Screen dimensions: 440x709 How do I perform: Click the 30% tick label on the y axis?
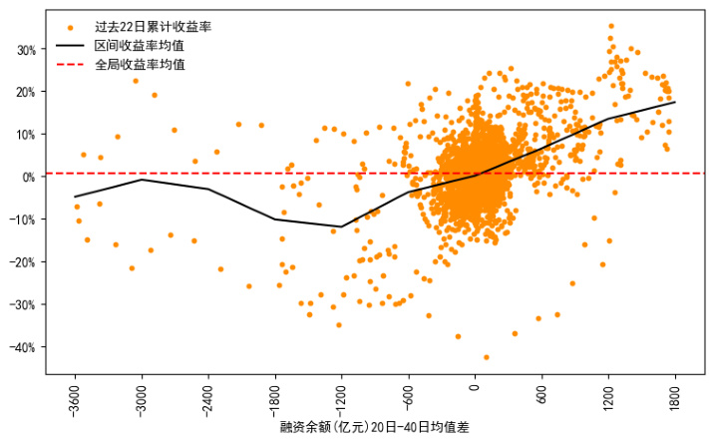(x=24, y=49)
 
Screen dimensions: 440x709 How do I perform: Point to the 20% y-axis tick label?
(x=24, y=92)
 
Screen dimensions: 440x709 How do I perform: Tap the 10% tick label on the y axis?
(x=24, y=135)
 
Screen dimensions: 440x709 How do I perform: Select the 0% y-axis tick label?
(x=27, y=177)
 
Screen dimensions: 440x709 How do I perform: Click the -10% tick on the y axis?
(x=22, y=220)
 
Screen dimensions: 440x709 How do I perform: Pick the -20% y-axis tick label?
(x=22, y=262)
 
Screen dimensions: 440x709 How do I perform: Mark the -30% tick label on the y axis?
(x=22, y=304)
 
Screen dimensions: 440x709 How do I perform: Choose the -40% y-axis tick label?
(x=22, y=347)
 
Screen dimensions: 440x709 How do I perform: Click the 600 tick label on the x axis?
(x=541, y=391)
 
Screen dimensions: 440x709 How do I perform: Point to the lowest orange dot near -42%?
(x=487, y=357)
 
